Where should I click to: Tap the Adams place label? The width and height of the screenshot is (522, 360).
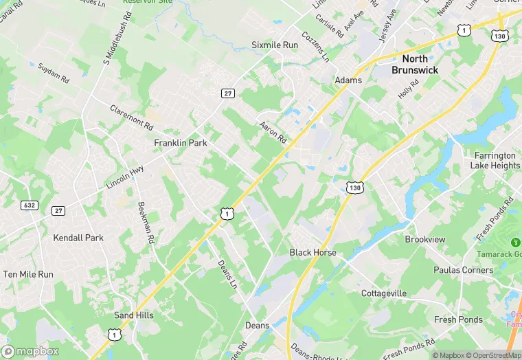point(348,80)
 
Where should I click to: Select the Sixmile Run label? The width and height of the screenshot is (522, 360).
point(275,45)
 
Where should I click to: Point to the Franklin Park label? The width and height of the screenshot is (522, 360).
point(181,143)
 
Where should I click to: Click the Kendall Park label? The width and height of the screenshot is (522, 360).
point(78,238)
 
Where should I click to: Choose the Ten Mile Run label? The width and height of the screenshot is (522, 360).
point(27,274)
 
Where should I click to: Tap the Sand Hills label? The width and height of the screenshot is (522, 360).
point(135,315)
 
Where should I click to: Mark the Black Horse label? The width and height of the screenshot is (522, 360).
point(313,252)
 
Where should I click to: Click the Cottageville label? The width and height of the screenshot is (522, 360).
point(384,293)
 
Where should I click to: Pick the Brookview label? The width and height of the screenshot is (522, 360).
point(425,239)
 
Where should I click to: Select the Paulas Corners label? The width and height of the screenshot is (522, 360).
point(463,270)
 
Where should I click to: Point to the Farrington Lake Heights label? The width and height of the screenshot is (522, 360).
point(495,161)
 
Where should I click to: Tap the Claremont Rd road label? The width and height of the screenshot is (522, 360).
point(131,117)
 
